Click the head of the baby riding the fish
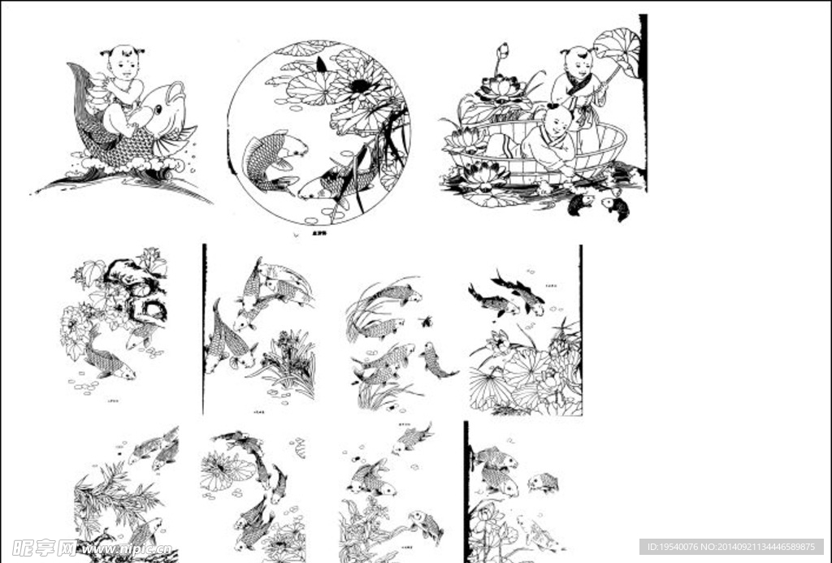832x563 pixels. click(123, 62)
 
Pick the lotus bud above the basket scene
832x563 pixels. click(502, 53)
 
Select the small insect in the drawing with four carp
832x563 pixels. click(426, 321)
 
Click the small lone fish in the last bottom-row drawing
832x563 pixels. click(544, 483)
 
